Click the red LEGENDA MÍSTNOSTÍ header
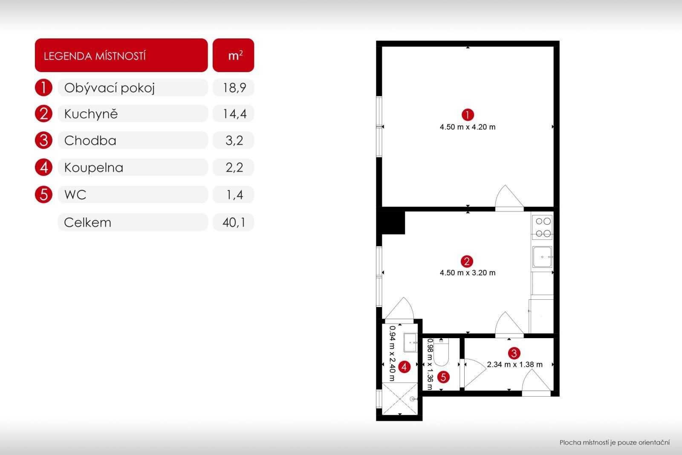(x=121, y=55)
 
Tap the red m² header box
(x=233, y=55)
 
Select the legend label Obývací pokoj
(x=109, y=88)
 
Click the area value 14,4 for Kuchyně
(x=234, y=114)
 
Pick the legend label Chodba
(x=90, y=141)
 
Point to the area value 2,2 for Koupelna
(x=234, y=168)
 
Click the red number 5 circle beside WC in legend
(x=43, y=194)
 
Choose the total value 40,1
(x=234, y=223)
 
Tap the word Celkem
(x=88, y=223)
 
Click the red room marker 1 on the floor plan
(x=468, y=115)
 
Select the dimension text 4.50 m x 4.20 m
(x=467, y=127)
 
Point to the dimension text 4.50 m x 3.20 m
(x=467, y=272)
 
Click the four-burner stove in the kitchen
(x=543, y=227)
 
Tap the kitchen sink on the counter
(x=542, y=257)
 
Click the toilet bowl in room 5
(x=441, y=352)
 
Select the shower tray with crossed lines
(x=400, y=399)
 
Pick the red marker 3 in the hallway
(x=514, y=353)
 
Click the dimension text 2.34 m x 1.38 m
(x=514, y=365)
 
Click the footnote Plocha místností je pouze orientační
(x=614, y=443)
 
